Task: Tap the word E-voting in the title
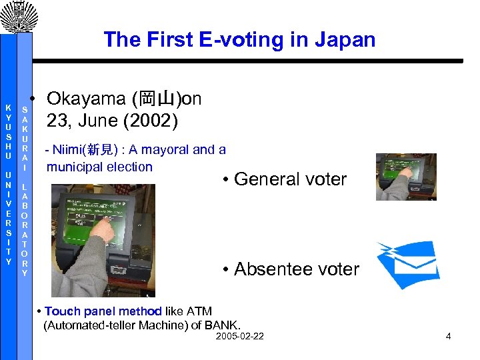click(230, 40)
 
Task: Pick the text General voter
click(290, 179)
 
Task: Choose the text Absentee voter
click(297, 269)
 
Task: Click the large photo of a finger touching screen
click(112, 240)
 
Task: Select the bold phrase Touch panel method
click(103, 311)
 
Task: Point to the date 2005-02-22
click(240, 336)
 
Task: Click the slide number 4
click(449, 336)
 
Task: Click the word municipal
click(74, 167)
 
